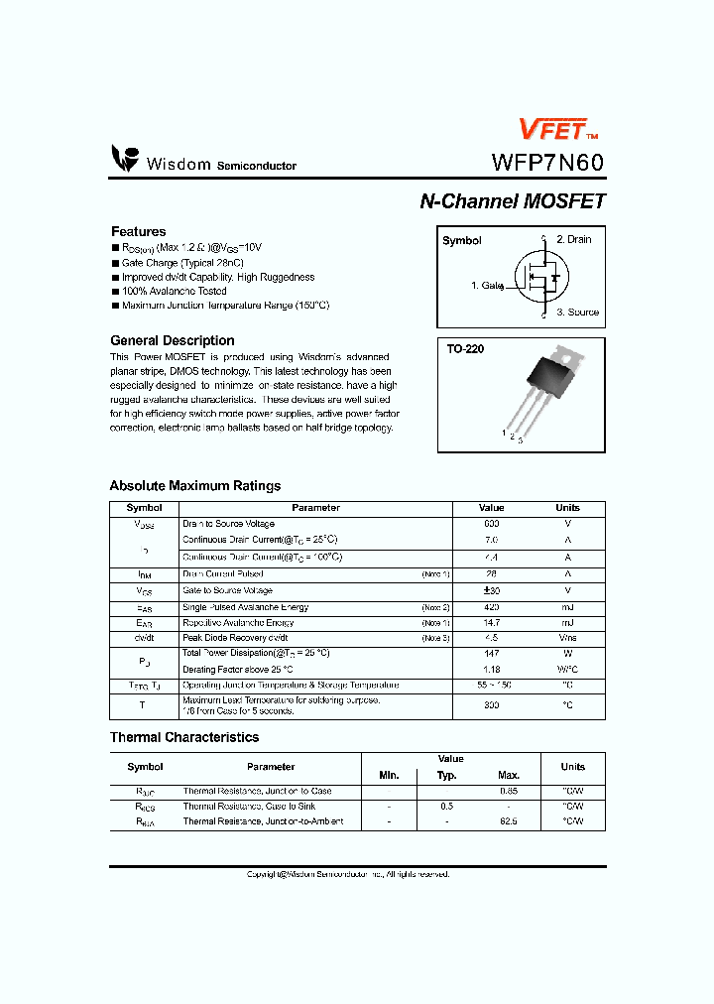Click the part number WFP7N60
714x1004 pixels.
(x=547, y=163)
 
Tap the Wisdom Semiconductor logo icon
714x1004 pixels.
(x=125, y=159)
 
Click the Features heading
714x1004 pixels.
(x=138, y=231)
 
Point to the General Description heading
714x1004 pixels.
(x=172, y=340)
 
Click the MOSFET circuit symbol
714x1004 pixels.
(x=539, y=279)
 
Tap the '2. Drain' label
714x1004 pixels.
(x=573, y=239)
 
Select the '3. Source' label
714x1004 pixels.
(x=577, y=312)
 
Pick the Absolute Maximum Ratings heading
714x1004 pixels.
(x=194, y=486)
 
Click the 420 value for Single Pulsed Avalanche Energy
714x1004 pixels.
(x=491, y=607)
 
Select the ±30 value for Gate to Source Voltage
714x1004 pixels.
(x=491, y=590)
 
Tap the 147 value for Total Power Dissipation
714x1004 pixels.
(x=491, y=654)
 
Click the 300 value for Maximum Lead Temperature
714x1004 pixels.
(x=491, y=705)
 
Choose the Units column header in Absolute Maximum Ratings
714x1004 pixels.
(x=567, y=508)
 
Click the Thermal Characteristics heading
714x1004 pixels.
(x=183, y=737)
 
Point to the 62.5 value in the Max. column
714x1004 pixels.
(x=508, y=821)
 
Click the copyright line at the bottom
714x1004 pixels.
(x=348, y=874)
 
